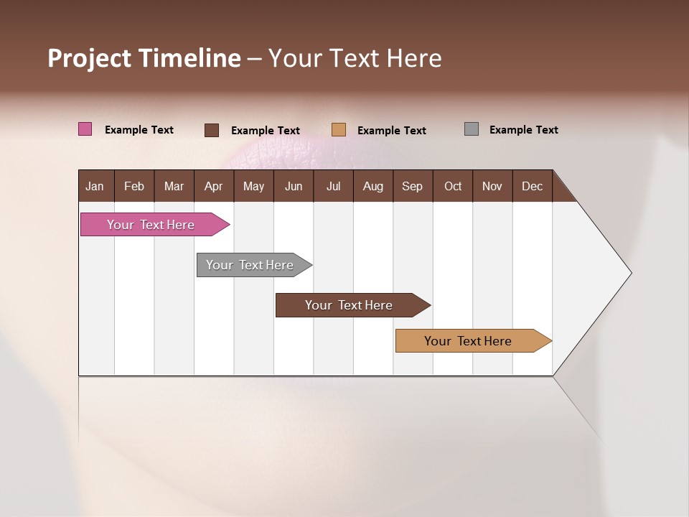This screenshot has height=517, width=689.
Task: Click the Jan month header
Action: pos(95,186)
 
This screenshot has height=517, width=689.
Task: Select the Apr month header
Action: pos(213,186)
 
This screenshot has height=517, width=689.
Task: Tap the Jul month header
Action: pos(333,186)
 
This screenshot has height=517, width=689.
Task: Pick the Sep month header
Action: pos(412,186)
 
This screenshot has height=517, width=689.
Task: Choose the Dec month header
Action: pos(532,186)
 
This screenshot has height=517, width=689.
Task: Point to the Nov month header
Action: pos(492,186)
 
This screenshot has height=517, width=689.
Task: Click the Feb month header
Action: pos(134,186)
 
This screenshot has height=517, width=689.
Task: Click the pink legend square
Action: pos(85,129)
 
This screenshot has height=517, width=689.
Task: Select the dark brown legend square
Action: pos(212,130)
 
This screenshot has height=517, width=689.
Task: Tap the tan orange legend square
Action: pos(339,130)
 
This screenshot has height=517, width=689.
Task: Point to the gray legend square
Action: pos(472,129)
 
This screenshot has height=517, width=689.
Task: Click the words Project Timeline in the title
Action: pos(144,58)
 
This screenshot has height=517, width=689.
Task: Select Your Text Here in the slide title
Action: pos(355,58)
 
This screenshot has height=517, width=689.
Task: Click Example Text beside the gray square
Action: pos(523,130)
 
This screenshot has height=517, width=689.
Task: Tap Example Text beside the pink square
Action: pos(139,130)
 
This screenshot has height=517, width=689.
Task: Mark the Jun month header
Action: pos(294,186)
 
